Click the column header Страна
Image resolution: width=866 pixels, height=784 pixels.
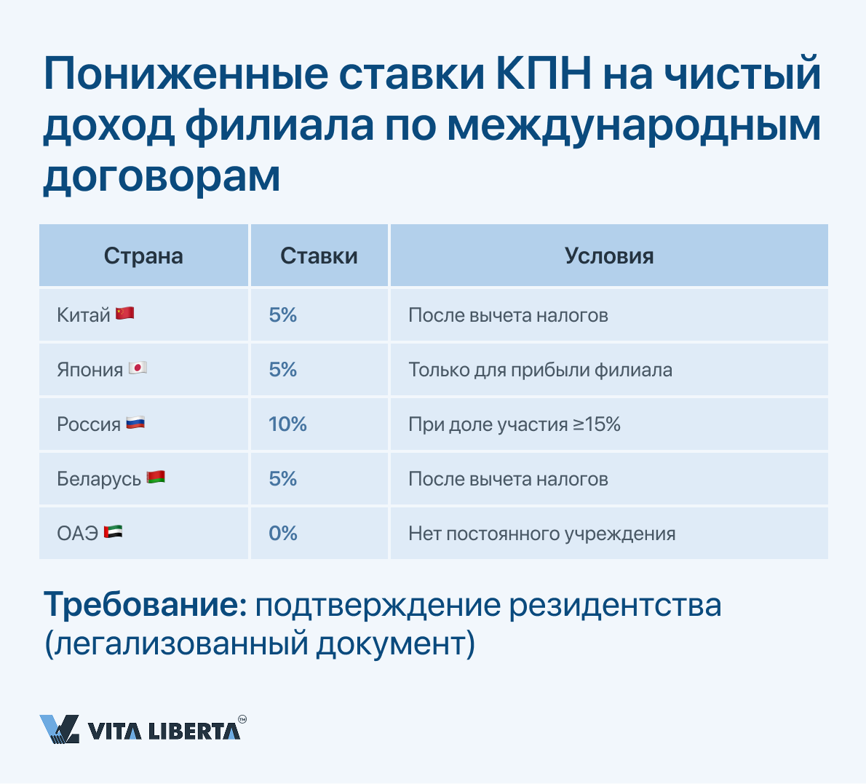(x=143, y=256)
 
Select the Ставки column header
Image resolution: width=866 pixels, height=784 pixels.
(x=319, y=256)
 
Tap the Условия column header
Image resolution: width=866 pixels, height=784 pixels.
(x=609, y=256)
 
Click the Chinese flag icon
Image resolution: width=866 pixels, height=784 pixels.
(x=125, y=313)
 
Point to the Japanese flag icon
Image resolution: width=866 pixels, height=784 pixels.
(x=138, y=368)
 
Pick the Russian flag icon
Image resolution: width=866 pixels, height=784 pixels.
(x=135, y=423)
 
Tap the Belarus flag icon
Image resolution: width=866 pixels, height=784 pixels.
(x=156, y=477)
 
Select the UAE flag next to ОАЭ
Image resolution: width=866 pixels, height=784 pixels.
(x=114, y=531)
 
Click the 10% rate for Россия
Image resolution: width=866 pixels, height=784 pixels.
(x=287, y=424)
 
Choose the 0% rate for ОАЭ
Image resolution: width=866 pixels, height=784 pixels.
(x=283, y=534)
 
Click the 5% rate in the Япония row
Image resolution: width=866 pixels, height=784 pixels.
(x=283, y=370)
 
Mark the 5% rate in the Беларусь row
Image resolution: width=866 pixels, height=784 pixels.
(x=283, y=479)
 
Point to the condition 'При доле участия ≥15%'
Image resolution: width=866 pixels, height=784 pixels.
(x=515, y=424)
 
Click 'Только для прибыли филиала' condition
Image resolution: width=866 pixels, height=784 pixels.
(x=541, y=371)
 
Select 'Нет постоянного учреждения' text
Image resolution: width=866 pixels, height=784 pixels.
(x=542, y=534)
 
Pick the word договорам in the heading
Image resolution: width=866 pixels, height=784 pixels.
(x=162, y=177)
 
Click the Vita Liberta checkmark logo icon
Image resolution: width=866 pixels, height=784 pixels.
(x=60, y=729)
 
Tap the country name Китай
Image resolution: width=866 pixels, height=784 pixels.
(x=84, y=315)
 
